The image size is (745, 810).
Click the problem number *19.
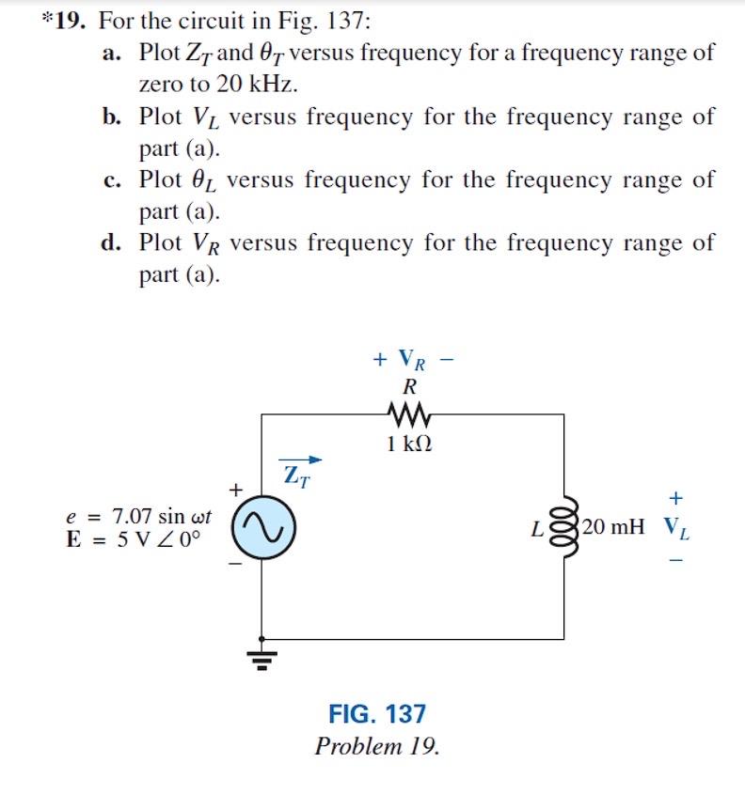click(64, 20)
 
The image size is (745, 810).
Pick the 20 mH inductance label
click(613, 526)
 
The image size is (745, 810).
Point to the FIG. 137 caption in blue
click(377, 714)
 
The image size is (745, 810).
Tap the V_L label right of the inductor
click(676, 527)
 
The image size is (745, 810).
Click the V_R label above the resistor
click(406, 359)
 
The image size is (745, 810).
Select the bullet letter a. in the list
click(112, 53)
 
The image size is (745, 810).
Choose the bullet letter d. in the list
click(112, 243)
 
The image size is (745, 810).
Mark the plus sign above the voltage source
click(236, 489)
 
